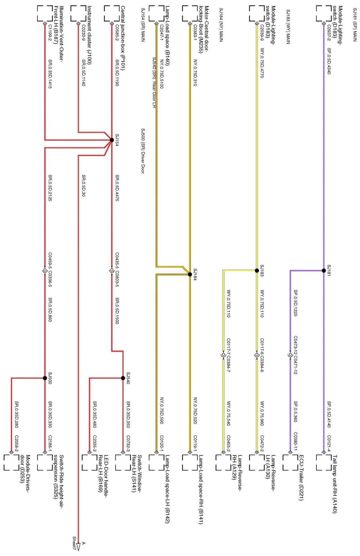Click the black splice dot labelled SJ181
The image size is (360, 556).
pyautogui.click(x=324, y=270)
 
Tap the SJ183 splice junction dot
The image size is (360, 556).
pyautogui.click(x=257, y=270)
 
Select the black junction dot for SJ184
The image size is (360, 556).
pyautogui.click(x=190, y=274)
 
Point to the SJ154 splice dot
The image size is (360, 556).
pyautogui.click(x=112, y=140)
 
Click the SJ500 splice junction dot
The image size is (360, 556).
pyautogui.click(x=45, y=378)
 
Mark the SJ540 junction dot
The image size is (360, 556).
pyautogui.click(x=123, y=378)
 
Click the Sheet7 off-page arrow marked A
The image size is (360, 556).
pyautogui.click(x=78, y=547)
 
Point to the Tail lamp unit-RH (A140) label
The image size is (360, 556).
pyautogui.click(x=334, y=484)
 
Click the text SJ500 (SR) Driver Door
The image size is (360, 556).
pyautogui.click(x=143, y=151)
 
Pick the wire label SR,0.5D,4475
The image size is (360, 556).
pyautogui.click(x=117, y=188)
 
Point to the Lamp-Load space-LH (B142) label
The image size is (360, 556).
pyautogui.click(x=167, y=489)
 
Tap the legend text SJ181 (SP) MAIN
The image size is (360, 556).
pyautogui.click(x=355, y=25)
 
